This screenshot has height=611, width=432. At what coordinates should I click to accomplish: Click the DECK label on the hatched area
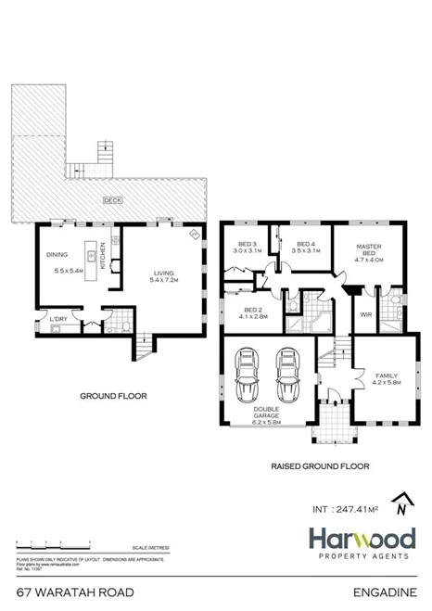coord(112,199)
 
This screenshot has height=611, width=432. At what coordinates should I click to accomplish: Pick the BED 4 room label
coord(305,246)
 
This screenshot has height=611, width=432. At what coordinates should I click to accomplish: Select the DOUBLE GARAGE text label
coord(266,416)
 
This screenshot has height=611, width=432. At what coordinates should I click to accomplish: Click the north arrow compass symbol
coord(400,503)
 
